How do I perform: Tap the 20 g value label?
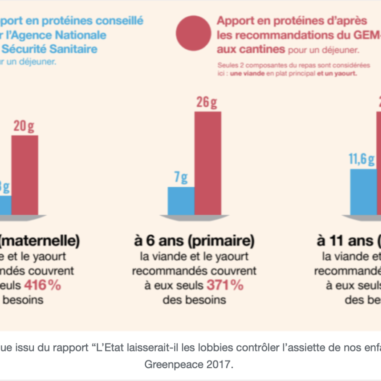[24, 127]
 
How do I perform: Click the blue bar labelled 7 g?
[181, 201]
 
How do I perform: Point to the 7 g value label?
[181, 178]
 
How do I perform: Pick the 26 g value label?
[208, 102]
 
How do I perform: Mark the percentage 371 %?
[224, 286]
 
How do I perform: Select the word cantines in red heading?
[267, 49]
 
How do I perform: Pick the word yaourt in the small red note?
[344, 74]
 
